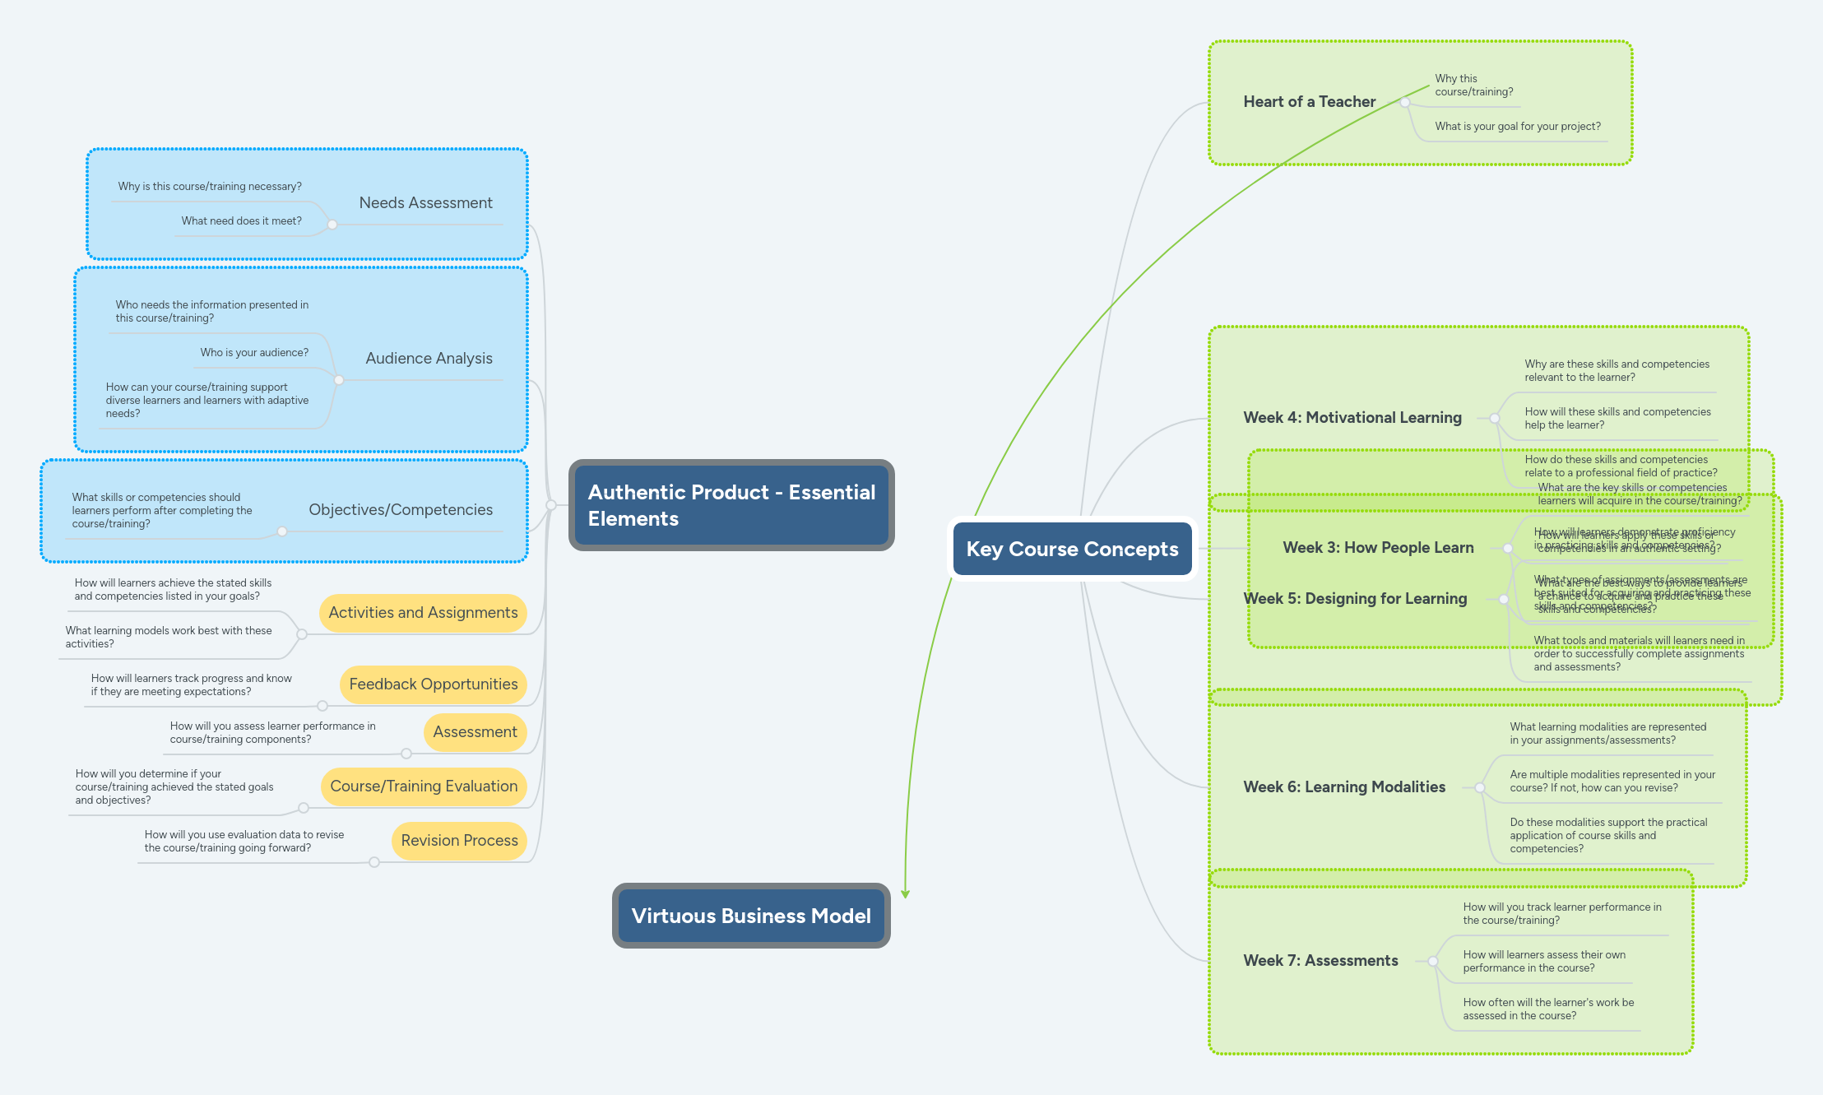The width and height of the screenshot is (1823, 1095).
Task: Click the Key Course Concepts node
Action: pyautogui.click(x=1072, y=549)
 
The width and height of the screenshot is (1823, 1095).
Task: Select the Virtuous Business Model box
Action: pyautogui.click(x=750, y=916)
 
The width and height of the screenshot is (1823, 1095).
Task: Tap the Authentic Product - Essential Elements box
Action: pyautogui.click(x=731, y=505)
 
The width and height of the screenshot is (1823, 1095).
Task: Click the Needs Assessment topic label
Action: pyautogui.click(x=425, y=202)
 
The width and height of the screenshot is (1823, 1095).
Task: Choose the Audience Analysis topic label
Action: pyautogui.click(x=429, y=358)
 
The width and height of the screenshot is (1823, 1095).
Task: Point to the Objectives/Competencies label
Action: pyautogui.click(x=401, y=509)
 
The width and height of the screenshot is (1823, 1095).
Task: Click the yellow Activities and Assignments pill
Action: pyautogui.click(x=423, y=613)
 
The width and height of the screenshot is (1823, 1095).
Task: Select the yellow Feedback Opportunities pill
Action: pyautogui.click(x=433, y=684)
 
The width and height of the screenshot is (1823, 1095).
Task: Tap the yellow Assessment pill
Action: pyautogui.click(x=475, y=732)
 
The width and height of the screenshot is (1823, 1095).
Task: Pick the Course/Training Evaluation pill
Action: pyautogui.click(x=424, y=786)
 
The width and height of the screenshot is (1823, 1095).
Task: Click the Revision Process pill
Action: pyautogui.click(x=459, y=841)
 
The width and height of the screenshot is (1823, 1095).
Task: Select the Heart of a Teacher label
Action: pyautogui.click(x=1309, y=102)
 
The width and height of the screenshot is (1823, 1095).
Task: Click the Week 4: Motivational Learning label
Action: pyautogui.click(x=1352, y=418)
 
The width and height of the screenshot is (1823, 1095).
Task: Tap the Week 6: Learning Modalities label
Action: pyautogui.click(x=1343, y=787)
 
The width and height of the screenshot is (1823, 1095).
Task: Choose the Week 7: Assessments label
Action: pyautogui.click(x=1320, y=961)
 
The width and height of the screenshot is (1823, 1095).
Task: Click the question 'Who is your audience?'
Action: pyautogui.click(x=254, y=352)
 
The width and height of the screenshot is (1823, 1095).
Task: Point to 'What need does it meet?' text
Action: pyautogui.click(x=241, y=220)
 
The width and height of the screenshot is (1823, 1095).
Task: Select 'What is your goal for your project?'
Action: pyautogui.click(x=1517, y=127)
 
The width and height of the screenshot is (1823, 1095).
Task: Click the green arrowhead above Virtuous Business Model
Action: pyautogui.click(x=905, y=893)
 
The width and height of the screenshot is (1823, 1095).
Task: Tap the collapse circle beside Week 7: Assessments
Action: pyautogui.click(x=1433, y=961)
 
